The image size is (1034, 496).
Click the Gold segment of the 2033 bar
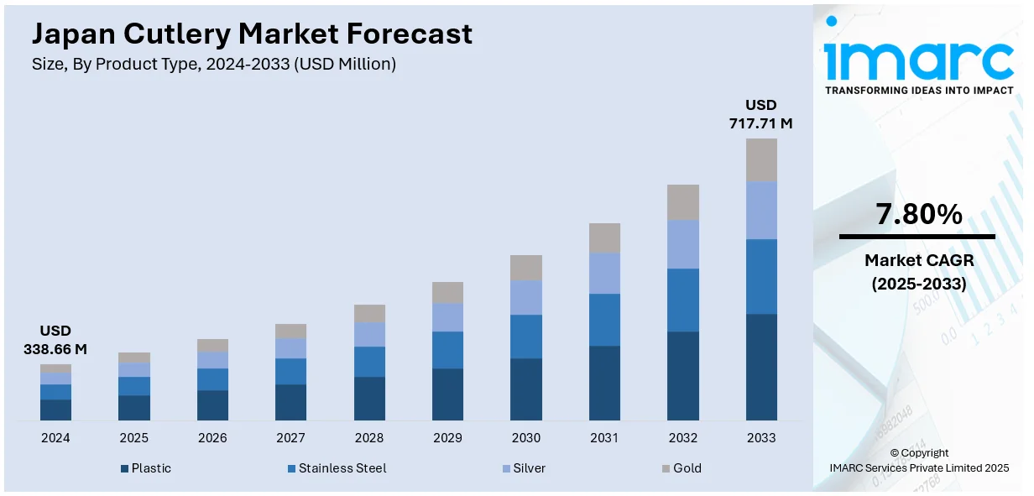[761, 159]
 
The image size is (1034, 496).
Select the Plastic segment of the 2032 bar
[683, 375]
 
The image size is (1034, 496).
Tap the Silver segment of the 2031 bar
[604, 273]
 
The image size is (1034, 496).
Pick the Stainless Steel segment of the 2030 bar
[526, 336]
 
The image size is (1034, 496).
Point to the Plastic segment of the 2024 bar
[55, 410]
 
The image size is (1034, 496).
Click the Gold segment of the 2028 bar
[369, 313]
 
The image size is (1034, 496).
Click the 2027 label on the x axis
[290, 438]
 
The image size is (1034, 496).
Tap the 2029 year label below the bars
[447, 438]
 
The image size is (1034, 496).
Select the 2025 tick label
[133, 438]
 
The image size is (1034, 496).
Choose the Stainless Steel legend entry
[336, 468]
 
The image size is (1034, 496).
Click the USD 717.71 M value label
[761, 114]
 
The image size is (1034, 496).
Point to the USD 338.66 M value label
[55, 340]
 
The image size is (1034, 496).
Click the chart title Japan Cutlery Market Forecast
[252, 34]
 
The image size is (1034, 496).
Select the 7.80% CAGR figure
[918, 215]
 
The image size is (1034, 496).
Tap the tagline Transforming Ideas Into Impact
[918, 90]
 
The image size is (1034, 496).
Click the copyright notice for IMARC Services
[918, 461]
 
